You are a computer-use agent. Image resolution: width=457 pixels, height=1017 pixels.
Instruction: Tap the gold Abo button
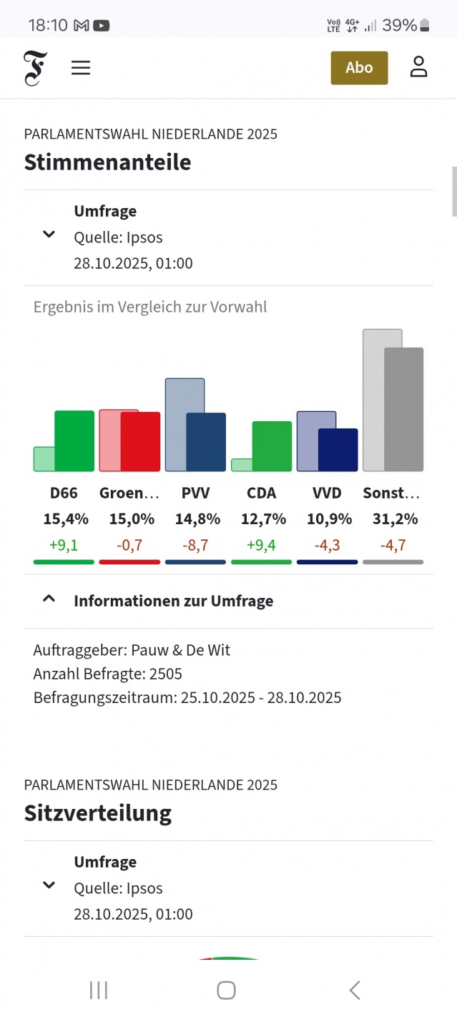[x=359, y=68]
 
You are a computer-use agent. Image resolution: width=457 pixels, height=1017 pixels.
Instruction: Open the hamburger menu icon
[x=81, y=68]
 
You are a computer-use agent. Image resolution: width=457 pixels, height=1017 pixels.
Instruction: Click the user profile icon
[x=418, y=67]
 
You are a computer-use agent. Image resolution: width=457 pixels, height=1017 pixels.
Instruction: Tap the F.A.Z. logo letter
[x=34, y=69]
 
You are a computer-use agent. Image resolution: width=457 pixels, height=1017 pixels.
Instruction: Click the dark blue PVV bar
[x=206, y=442]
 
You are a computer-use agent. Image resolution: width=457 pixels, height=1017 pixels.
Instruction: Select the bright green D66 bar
[x=74, y=441]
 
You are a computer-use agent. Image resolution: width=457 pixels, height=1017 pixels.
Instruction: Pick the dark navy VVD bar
[x=338, y=450]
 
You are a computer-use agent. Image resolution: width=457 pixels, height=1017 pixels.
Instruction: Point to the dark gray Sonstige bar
[x=404, y=409]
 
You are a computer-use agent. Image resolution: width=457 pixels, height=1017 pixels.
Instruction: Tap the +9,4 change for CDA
[x=261, y=545]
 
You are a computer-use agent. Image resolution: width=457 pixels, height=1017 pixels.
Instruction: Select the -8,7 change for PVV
[x=195, y=545]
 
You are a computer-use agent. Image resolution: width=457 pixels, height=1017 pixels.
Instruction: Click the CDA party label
[x=261, y=493]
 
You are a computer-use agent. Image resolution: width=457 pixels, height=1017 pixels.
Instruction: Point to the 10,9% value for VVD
[x=327, y=519]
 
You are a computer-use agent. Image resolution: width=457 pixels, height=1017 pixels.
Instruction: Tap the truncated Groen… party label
[x=129, y=493]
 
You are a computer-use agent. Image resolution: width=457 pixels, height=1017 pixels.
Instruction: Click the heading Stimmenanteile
[x=107, y=162]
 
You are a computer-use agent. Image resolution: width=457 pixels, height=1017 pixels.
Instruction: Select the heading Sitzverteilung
[x=98, y=813]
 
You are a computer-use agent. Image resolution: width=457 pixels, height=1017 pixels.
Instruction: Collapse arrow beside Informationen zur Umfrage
[x=49, y=600]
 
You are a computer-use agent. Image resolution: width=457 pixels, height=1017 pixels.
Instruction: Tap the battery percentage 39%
[x=399, y=26]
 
